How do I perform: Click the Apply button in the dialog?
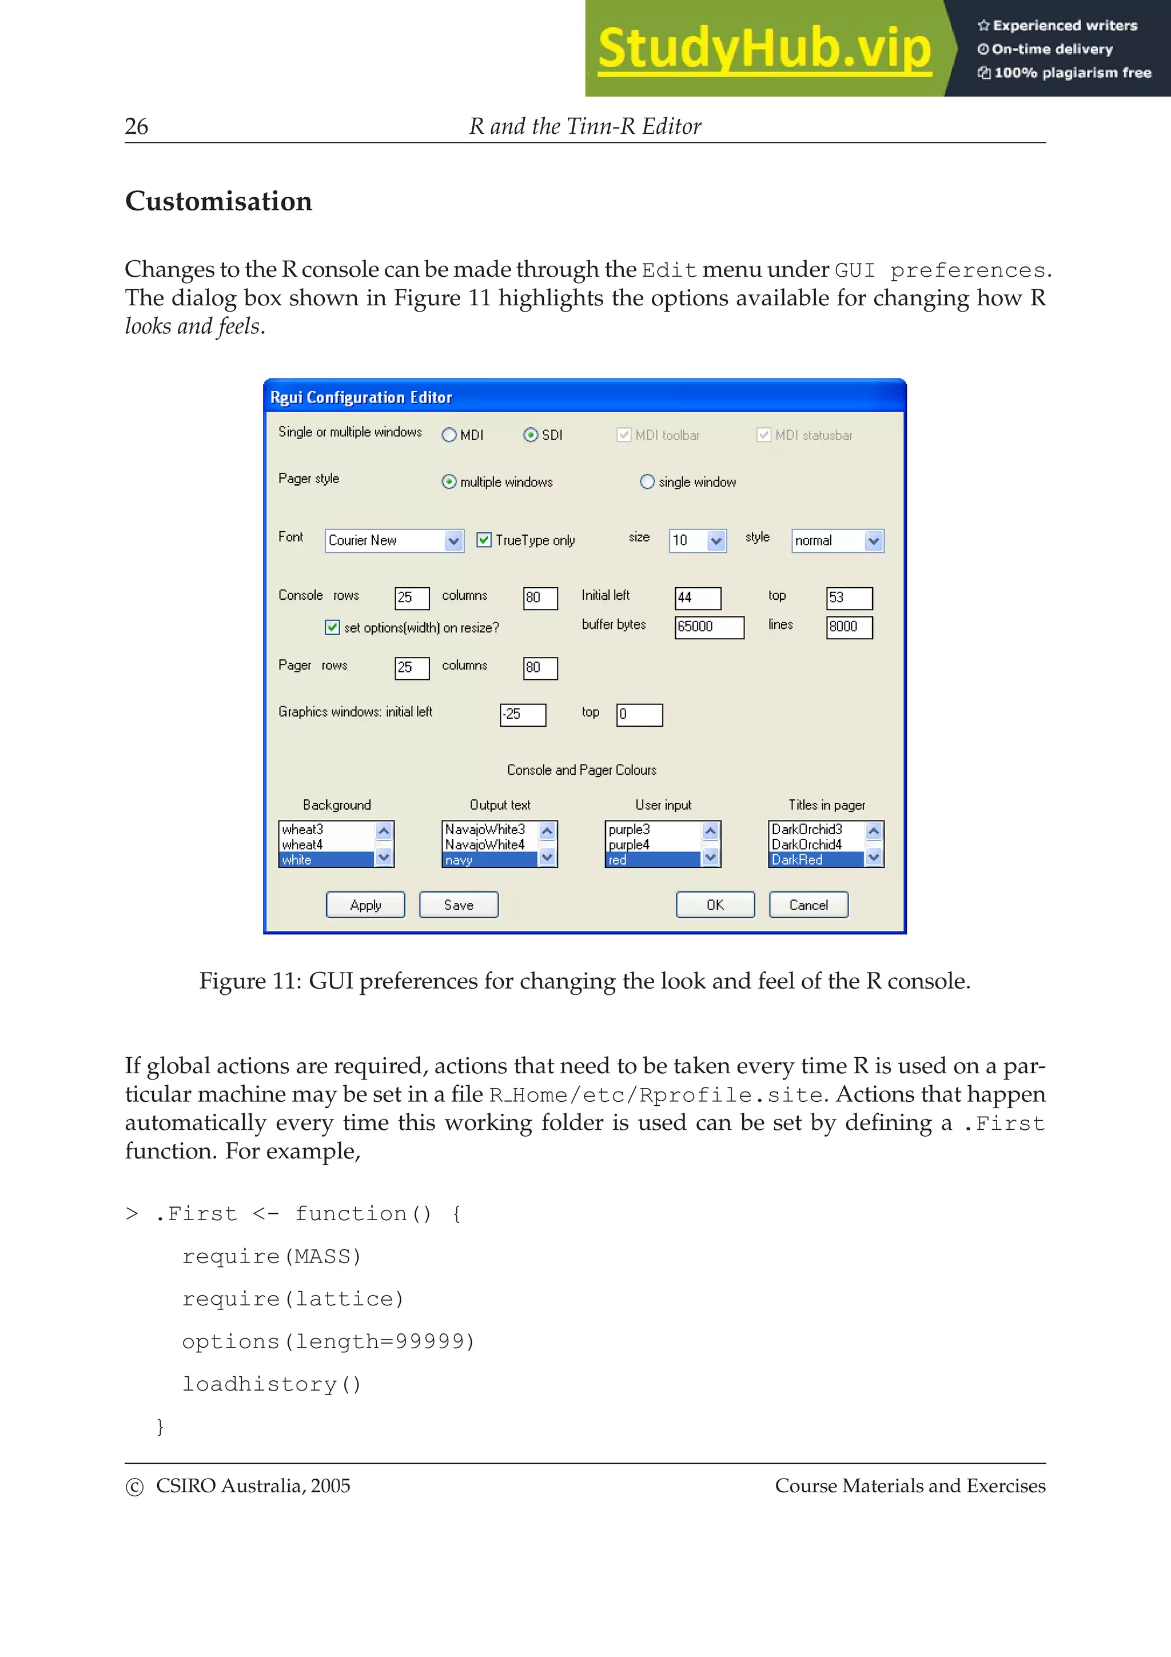(365, 905)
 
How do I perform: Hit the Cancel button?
(808, 905)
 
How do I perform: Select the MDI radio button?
(449, 435)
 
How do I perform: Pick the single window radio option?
(647, 482)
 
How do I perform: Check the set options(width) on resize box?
(332, 627)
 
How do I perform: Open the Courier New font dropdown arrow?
(453, 540)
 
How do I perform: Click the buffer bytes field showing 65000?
(708, 627)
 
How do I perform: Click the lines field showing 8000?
(849, 627)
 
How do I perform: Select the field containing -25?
(523, 715)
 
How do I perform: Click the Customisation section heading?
(218, 201)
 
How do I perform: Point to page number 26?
(136, 126)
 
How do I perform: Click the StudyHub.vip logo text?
(764, 49)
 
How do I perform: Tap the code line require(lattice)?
(292, 1299)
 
